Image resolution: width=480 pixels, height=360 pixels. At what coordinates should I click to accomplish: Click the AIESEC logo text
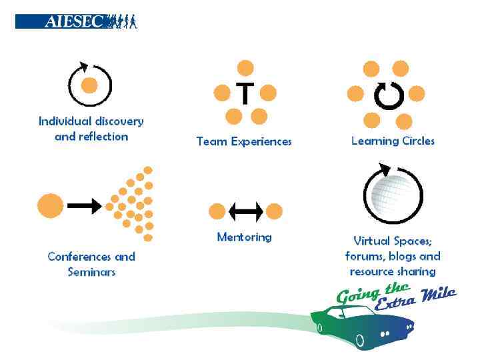73,21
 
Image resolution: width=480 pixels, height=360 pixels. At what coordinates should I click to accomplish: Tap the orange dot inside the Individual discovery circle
89,85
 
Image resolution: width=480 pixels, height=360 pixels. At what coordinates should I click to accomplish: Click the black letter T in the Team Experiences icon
245,93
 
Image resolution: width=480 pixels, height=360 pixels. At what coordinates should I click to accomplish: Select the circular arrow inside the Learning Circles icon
389,95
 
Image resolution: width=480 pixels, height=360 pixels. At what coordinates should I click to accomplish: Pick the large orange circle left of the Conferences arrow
50,205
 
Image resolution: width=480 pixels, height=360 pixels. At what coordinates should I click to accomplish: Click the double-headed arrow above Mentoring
245,212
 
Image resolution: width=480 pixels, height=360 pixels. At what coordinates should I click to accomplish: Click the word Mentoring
244,237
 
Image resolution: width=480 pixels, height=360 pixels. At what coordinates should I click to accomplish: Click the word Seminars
91,272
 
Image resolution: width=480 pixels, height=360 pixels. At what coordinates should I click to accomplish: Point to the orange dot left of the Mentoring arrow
217,212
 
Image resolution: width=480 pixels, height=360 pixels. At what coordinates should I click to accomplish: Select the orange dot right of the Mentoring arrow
274,212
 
